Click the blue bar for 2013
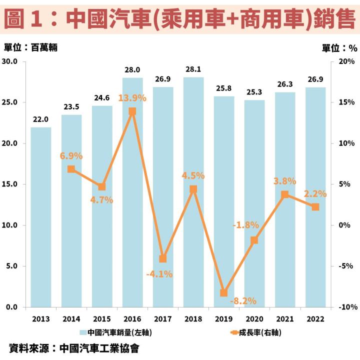click(x=40, y=217)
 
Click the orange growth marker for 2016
click(x=132, y=111)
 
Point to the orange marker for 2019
click(x=224, y=292)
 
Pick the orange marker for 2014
click(x=71, y=169)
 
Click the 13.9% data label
click(x=132, y=98)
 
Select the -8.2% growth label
click(x=243, y=301)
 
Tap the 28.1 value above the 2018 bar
click(x=193, y=69)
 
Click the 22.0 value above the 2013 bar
click(x=40, y=119)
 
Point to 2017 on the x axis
click(x=163, y=319)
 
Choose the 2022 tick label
click(x=315, y=319)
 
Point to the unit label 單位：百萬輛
click(x=31, y=47)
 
